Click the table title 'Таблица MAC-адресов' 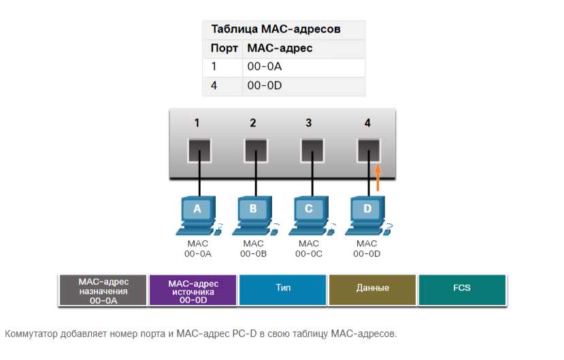point(276,29)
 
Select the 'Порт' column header point(224,48)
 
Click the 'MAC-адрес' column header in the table point(280,48)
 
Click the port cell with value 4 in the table point(214,86)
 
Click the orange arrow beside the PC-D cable point(378,176)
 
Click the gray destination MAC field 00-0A point(103,290)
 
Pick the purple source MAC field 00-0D point(193,290)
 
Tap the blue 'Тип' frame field point(283,290)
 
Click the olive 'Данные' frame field point(373,290)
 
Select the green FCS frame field point(462,290)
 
